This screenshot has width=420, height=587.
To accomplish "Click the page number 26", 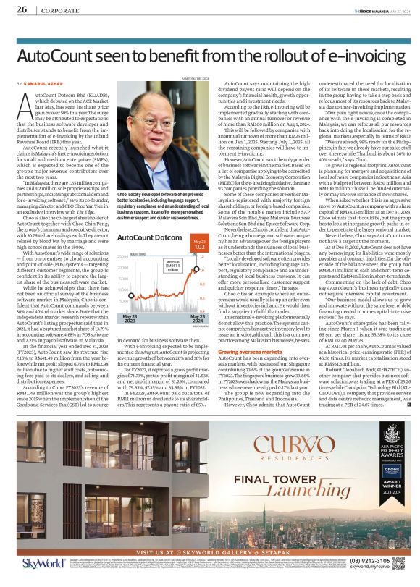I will [21, 10].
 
